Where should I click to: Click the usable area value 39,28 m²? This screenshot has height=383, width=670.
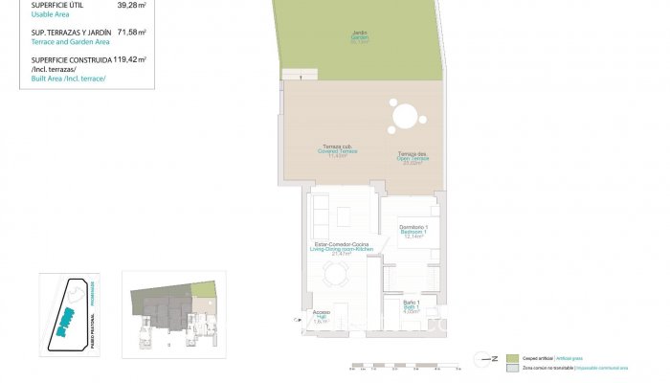(x=131, y=6)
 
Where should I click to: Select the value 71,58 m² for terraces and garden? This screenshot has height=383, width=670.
(x=131, y=32)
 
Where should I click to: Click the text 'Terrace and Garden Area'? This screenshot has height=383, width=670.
(x=71, y=42)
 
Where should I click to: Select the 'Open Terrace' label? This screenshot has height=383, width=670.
(x=413, y=160)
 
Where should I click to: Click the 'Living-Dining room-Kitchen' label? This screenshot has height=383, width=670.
(x=342, y=249)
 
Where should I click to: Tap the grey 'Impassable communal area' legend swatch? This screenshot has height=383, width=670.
(x=513, y=368)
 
